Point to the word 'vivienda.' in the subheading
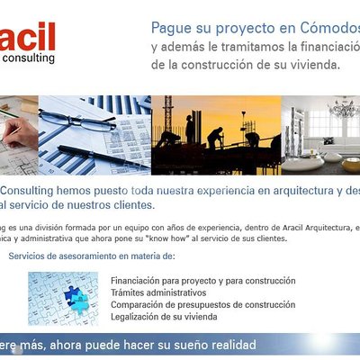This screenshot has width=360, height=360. pos(311,65)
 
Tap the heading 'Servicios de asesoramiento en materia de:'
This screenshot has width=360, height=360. pos(79,256)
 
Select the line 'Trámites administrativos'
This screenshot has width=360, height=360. pos(158,292)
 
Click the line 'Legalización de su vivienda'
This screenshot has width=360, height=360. pos(164,316)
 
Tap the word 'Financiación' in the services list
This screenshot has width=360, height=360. pos(135,281)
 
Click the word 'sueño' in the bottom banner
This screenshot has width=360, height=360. pos(186,345)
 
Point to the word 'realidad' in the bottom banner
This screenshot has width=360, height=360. pos(231,345)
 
